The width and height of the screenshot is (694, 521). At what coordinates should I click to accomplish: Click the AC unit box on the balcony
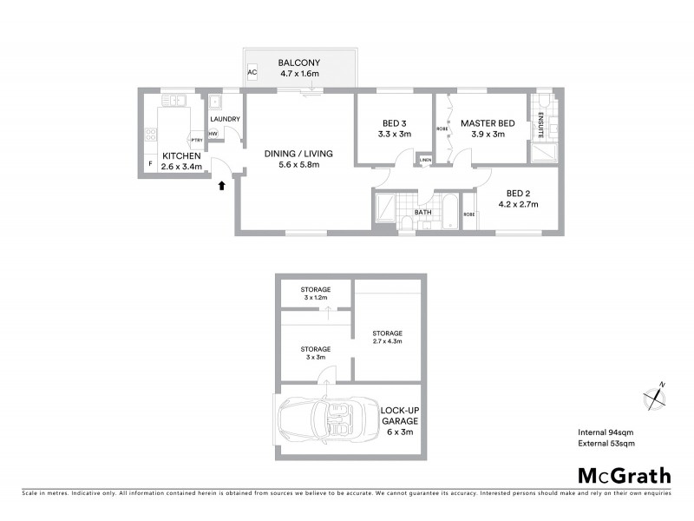[x=252, y=73]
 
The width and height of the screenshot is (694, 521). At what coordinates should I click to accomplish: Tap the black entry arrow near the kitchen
[x=220, y=184]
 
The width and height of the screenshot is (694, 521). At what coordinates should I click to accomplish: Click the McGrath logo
[x=625, y=475]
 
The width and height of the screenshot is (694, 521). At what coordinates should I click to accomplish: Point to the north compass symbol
[x=654, y=397]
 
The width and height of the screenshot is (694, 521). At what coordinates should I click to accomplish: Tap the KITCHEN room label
[x=181, y=155]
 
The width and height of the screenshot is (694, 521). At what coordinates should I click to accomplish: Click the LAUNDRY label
[x=226, y=119]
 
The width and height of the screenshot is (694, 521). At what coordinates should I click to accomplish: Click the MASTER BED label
[x=488, y=122]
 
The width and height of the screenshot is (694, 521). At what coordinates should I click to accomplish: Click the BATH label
[x=423, y=211]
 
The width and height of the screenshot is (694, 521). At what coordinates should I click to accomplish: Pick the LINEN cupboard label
[x=425, y=160]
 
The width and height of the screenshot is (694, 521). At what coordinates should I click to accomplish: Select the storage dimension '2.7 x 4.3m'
[x=387, y=341]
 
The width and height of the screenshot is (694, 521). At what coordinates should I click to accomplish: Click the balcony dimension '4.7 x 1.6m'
[x=299, y=75]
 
